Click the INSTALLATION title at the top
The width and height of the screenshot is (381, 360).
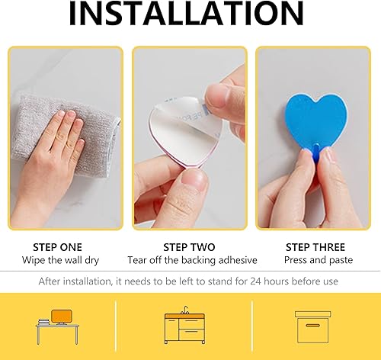186,13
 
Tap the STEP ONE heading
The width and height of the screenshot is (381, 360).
57,247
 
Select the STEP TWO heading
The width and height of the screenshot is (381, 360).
189,247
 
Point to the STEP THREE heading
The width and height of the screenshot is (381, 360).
315,247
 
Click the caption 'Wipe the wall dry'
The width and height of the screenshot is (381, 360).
60,260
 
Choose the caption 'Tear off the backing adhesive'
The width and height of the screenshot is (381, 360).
192,260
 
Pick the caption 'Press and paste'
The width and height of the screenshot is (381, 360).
319,260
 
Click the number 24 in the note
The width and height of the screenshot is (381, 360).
255,281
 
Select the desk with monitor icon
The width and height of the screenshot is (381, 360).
58,327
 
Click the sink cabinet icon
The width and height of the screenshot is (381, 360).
184,325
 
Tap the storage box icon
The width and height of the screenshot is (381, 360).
313,327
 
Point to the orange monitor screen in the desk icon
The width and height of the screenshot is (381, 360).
61,316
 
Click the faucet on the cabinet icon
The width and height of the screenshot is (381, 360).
186,310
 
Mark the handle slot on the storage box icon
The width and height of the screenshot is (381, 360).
312,326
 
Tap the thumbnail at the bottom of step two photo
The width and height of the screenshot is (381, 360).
194,181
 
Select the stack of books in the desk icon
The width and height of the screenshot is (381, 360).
43,322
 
